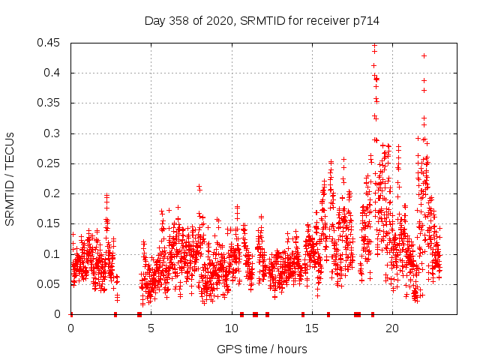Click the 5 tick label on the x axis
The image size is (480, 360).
tap(151, 328)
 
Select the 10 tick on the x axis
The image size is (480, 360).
tap(231, 328)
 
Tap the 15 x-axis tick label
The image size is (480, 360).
tap(311, 328)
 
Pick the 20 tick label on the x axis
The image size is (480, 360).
tap(391, 328)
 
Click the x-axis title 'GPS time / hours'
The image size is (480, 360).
tap(262, 349)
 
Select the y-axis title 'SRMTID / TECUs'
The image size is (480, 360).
tap(10, 178)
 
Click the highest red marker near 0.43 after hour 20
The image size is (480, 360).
tap(424, 55)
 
